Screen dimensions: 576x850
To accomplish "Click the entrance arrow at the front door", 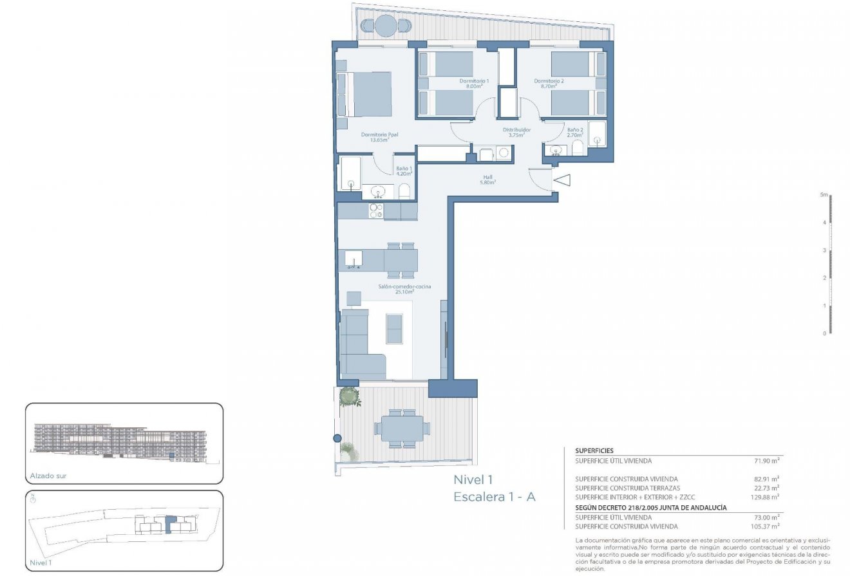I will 562,181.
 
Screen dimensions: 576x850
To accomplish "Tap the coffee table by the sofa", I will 394,329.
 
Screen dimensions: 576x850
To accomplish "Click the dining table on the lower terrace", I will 402,427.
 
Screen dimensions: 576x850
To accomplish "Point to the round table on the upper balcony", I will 385,26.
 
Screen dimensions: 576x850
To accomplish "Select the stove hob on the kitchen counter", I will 376,210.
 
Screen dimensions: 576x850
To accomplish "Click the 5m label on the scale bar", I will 823,194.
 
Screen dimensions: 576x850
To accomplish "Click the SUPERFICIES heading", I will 594,451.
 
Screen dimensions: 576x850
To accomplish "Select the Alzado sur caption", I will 48,477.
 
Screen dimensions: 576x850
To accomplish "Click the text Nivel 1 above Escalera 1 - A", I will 473,479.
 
